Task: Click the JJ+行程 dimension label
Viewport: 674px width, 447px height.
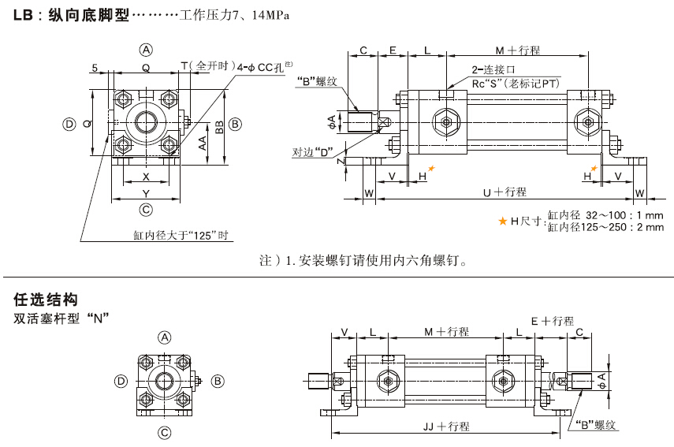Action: click(446, 427)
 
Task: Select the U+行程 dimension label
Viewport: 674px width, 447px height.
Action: click(505, 192)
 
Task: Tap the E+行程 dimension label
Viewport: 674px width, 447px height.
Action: click(552, 321)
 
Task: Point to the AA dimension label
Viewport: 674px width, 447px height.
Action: click(203, 142)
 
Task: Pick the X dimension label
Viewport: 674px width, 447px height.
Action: click(146, 177)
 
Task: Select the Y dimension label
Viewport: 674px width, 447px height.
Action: click(146, 192)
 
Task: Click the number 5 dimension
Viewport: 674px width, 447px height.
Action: click(94, 68)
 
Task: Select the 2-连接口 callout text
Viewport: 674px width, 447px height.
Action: click(493, 69)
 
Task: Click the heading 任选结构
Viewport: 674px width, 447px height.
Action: click(47, 300)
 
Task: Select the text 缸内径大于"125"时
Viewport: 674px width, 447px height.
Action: click(181, 235)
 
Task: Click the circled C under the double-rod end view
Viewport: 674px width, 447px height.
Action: click(165, 432)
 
